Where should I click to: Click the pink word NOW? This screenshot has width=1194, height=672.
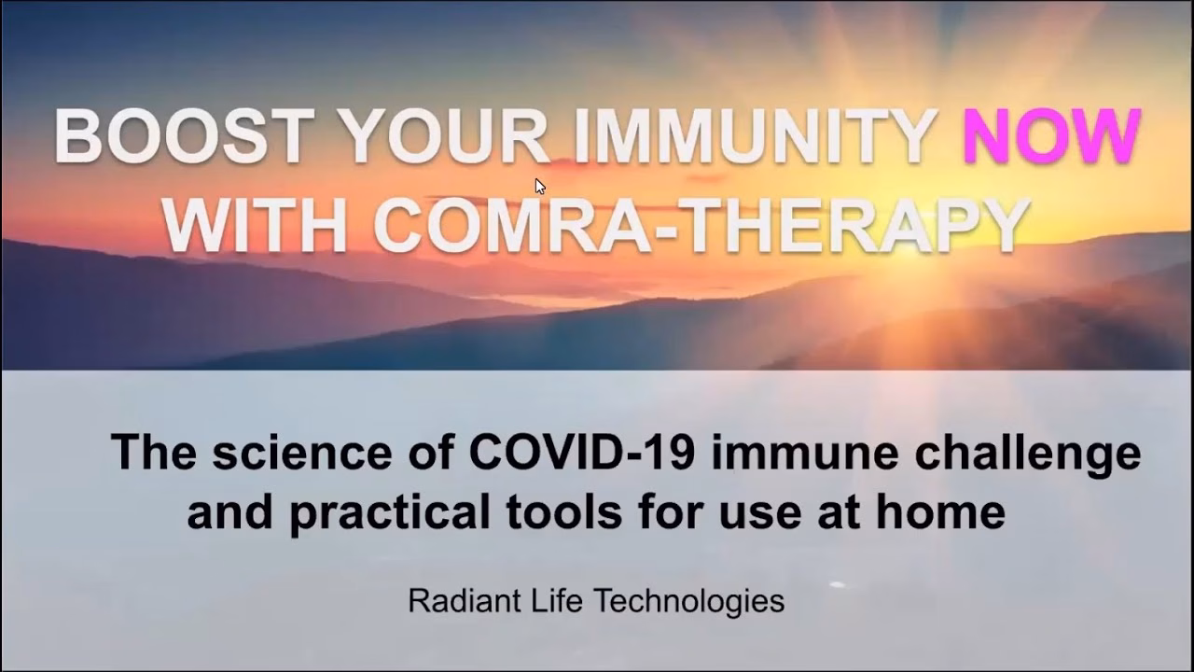coord(1052,135)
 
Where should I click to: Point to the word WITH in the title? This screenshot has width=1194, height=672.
coord(255,223)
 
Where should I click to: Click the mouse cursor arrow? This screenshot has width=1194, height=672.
coord(540,187)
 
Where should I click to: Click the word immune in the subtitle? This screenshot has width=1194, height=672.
coord(805,453)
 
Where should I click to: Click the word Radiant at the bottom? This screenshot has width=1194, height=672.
coord(465,600)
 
